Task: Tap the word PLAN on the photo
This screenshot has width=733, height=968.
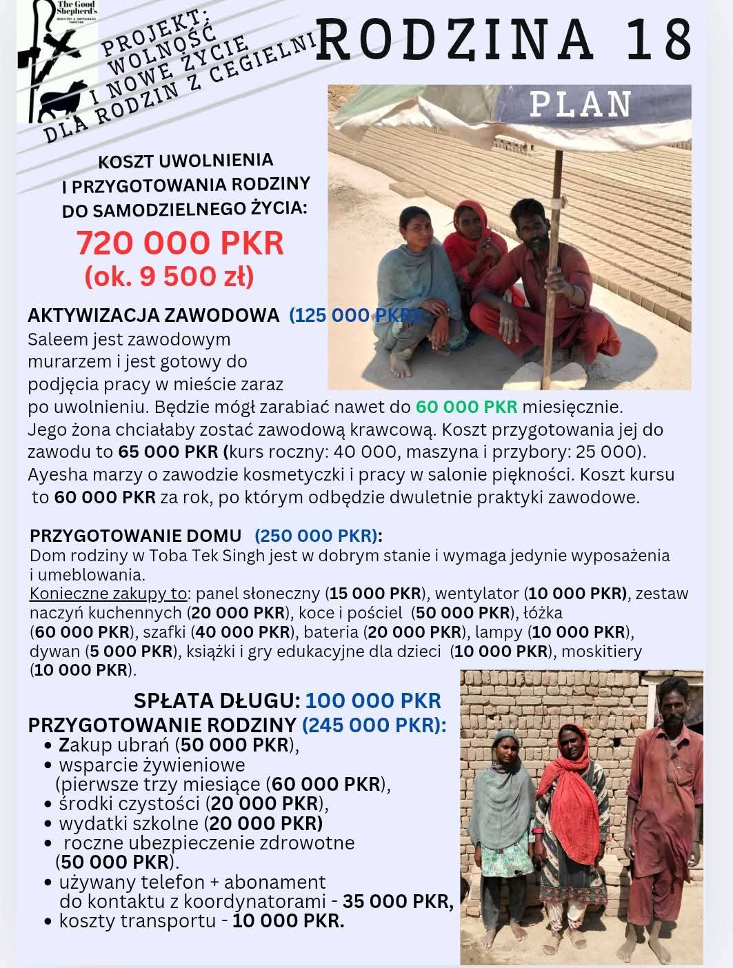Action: coord(581,105)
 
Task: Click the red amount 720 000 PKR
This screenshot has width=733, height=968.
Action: coord(180,243)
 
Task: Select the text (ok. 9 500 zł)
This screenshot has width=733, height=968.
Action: coord(169,276)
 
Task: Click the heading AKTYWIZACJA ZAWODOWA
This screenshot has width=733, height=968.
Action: coord(153,316)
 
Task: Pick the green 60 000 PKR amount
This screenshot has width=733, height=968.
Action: coord(466,407)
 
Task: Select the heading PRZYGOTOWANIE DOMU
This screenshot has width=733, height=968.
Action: coord(135,536)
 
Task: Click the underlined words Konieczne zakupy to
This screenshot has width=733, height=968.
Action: coord(108,594)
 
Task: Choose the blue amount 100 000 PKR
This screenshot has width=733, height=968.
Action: coord(372,700)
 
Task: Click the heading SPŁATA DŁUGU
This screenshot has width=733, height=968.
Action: coord(217,700)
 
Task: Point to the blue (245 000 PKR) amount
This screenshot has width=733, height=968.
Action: coord(374,725)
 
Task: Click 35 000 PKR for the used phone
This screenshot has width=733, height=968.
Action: coord(397,901)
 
